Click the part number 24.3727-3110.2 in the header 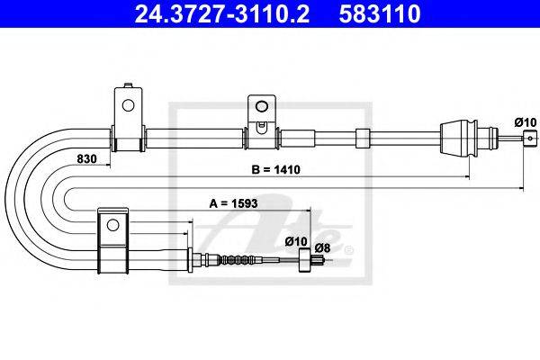click(x=221, y=13)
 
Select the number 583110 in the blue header click(x=380, y=13)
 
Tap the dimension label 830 click(x=86, y=158)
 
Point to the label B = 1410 click(x=276, y=169)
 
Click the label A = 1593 click(x=233, y=203)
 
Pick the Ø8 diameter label click(x=322, y=247)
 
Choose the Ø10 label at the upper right click(x=526, y=122)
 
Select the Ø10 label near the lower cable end click(x=296, y=241)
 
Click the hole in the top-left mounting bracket click(x=128, y=105)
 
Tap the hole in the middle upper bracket click(x=262, y=106)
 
